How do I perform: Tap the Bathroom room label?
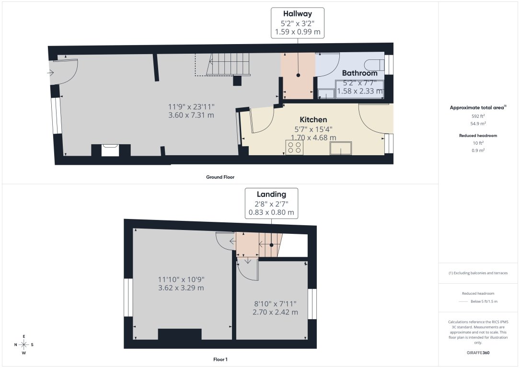point(359,73)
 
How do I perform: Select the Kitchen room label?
point(313,119)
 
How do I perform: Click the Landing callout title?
point(271,195)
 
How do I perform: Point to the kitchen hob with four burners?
point(294,147)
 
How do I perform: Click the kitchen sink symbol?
point(341,149)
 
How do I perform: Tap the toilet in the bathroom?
point(374,64)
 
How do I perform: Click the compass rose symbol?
point(23,345)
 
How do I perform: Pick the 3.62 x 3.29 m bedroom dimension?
point(181,288)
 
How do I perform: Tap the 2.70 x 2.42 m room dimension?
point(275,312)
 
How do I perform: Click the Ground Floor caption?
point(220,177)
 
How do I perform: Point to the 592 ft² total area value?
point(478,116)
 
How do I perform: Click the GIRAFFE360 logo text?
point(478,353)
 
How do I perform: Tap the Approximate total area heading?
point(478,108)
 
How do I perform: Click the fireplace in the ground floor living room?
point(111,150)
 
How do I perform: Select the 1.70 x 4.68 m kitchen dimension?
point(313,137)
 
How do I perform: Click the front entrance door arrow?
point(51,73)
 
